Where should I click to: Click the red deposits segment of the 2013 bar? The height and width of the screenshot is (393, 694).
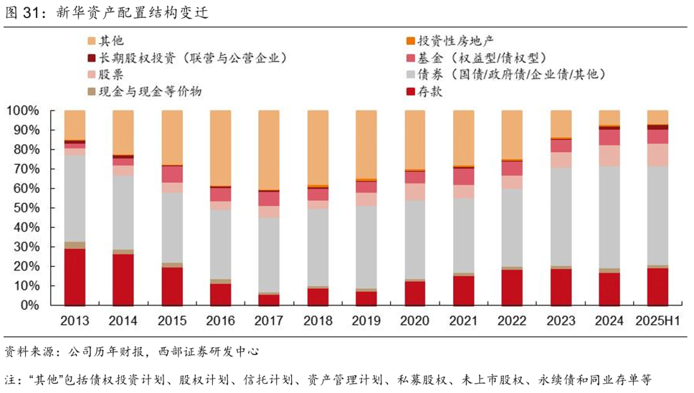tap(75, 277)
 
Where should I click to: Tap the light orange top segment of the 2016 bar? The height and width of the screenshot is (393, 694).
tap(220, 148)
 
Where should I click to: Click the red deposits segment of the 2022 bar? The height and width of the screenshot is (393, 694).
tap(512, 287)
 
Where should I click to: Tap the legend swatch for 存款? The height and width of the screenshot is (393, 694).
tap(410, 92)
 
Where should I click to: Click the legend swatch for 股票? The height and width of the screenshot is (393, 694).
tap(92, 75)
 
